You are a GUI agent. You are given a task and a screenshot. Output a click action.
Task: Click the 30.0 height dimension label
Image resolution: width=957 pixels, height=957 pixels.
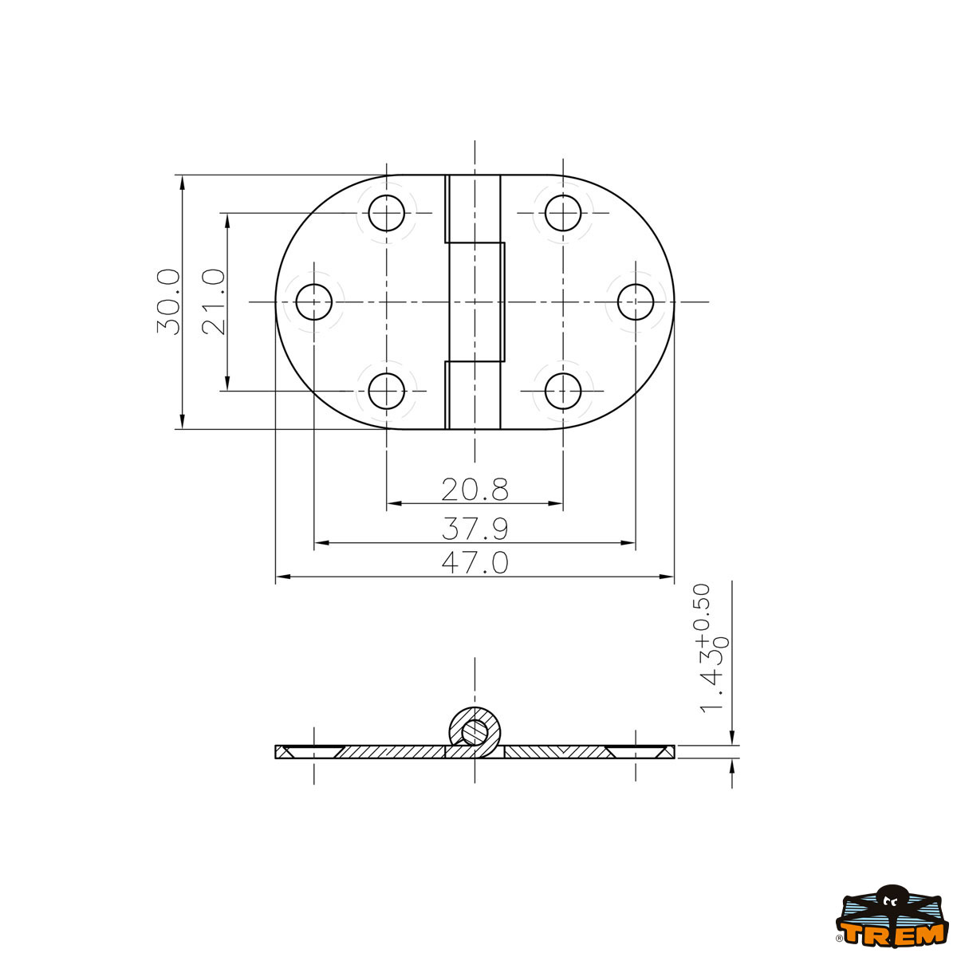pos(167,301)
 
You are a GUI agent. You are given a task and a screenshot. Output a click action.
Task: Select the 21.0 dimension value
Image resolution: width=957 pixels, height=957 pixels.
pos(214,301)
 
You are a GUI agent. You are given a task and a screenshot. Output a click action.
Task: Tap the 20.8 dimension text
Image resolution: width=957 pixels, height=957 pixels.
pos(475,489)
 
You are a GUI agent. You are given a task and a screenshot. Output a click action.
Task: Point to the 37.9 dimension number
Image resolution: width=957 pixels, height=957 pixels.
pos(475,529)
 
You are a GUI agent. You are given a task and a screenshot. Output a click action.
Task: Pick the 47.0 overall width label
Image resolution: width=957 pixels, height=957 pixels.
pos(475,563)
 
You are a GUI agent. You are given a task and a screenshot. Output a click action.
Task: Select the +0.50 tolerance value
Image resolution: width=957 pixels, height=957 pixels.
pos(702,614)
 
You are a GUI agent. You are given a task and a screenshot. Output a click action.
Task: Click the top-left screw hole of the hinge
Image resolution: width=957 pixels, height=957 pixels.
pos(386,213)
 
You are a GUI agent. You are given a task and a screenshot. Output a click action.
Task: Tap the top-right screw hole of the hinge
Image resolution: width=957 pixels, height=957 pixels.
pos(563,213)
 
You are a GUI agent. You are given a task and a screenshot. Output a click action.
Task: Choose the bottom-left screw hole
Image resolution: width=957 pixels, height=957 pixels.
pos(386,391)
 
